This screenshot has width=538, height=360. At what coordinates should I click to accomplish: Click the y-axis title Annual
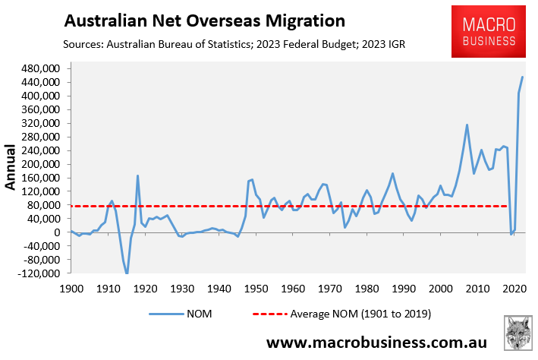coord(11,168)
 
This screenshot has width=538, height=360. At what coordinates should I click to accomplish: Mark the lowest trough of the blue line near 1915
coord(127,273)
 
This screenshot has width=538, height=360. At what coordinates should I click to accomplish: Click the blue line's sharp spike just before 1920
coord(137,175)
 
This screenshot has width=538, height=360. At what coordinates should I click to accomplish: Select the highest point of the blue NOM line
coord(522,77)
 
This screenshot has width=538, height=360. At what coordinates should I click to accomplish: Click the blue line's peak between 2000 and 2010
coord(467,125)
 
